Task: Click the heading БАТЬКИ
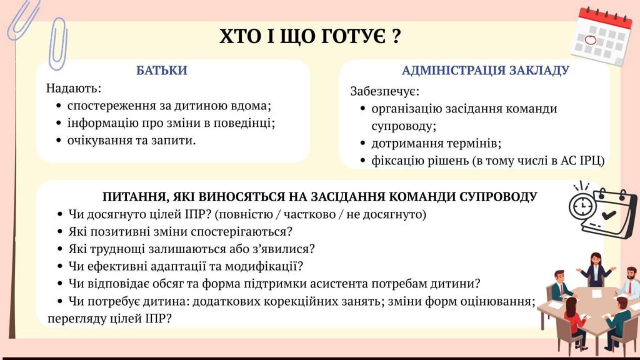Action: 162,70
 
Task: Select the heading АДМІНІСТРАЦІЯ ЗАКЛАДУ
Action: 485,70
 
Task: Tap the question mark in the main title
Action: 396,36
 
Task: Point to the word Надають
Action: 74,88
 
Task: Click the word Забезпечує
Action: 384,91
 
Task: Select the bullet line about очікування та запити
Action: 131,141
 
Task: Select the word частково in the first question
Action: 311,214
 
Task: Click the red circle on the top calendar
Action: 591,40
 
